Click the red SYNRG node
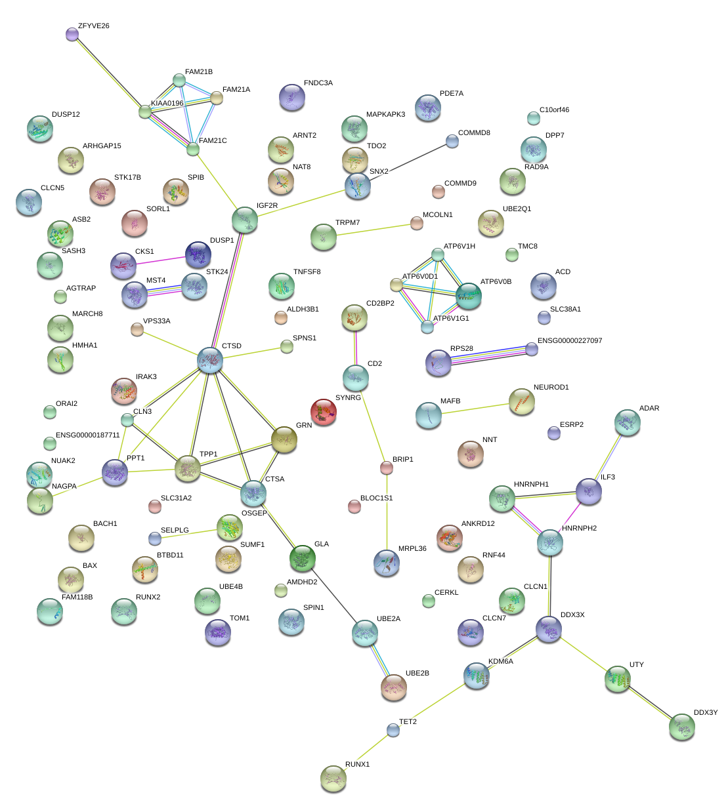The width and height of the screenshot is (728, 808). point(323,412)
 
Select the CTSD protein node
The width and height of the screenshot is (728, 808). point(210,360)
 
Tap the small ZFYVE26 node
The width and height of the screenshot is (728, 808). point(72,34)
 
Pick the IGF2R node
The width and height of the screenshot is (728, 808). point(245,220)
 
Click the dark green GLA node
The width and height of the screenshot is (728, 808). point(303,557)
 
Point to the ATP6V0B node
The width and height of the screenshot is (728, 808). point(469,296)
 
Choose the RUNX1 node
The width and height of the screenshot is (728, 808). point(333,778)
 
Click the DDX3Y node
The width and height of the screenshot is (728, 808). point(682,727)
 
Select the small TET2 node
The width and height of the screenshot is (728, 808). point(393,730)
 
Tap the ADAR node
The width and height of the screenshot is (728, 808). point(628,423)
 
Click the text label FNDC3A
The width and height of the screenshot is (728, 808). point(318,83)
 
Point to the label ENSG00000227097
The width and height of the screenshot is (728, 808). point(570,341)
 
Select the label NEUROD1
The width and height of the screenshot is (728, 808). point(551,388)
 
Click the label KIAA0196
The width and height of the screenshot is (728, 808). point(167,104)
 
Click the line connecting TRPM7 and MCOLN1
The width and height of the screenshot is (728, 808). point(370,230)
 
